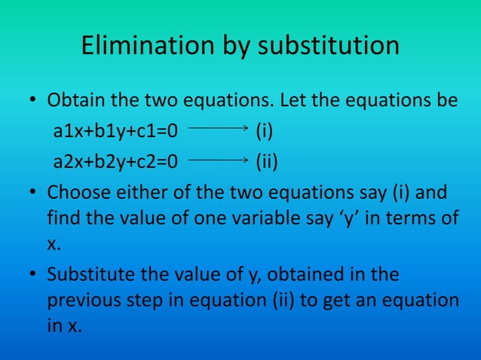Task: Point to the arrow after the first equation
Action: coord(218,131)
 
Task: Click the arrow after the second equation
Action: coord(218,160)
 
